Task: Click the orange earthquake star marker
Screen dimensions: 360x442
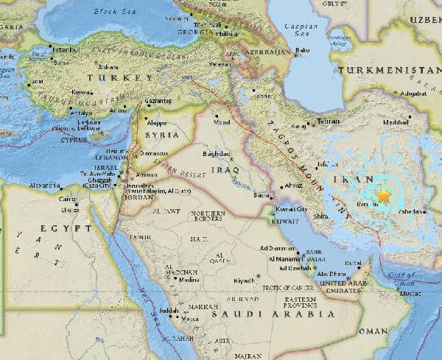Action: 383,195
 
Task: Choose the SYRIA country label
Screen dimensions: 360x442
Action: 161,136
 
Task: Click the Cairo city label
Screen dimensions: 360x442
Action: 68,199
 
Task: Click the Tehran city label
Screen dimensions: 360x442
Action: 327,120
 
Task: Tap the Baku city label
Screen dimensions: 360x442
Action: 301,51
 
